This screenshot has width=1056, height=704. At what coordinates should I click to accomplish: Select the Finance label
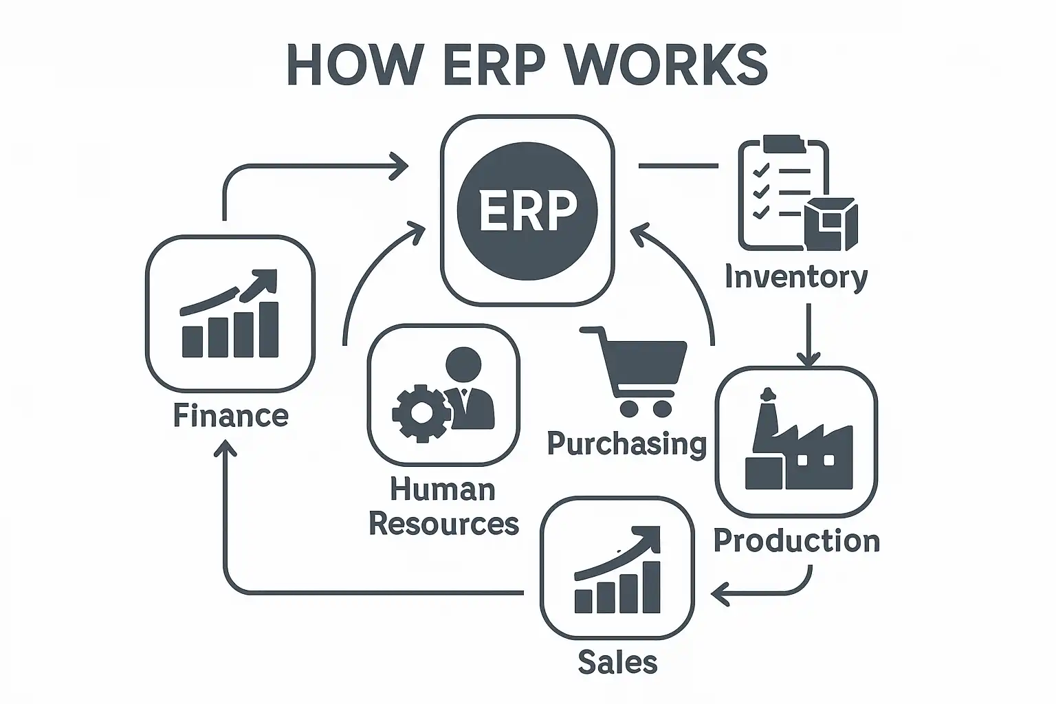coord(230,416)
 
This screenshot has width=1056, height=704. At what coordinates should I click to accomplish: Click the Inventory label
coord(796,277)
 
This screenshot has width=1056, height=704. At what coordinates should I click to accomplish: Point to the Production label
coord(797,540)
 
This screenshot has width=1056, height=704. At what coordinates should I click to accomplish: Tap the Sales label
coord(617,663)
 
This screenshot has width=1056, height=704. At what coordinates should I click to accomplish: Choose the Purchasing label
coord(627,443)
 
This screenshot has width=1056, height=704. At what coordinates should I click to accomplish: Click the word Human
coord(442,489)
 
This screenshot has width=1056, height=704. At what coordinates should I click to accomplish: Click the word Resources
coord(443,524)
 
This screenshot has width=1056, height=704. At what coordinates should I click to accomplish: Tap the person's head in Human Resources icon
coord(464,364)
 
